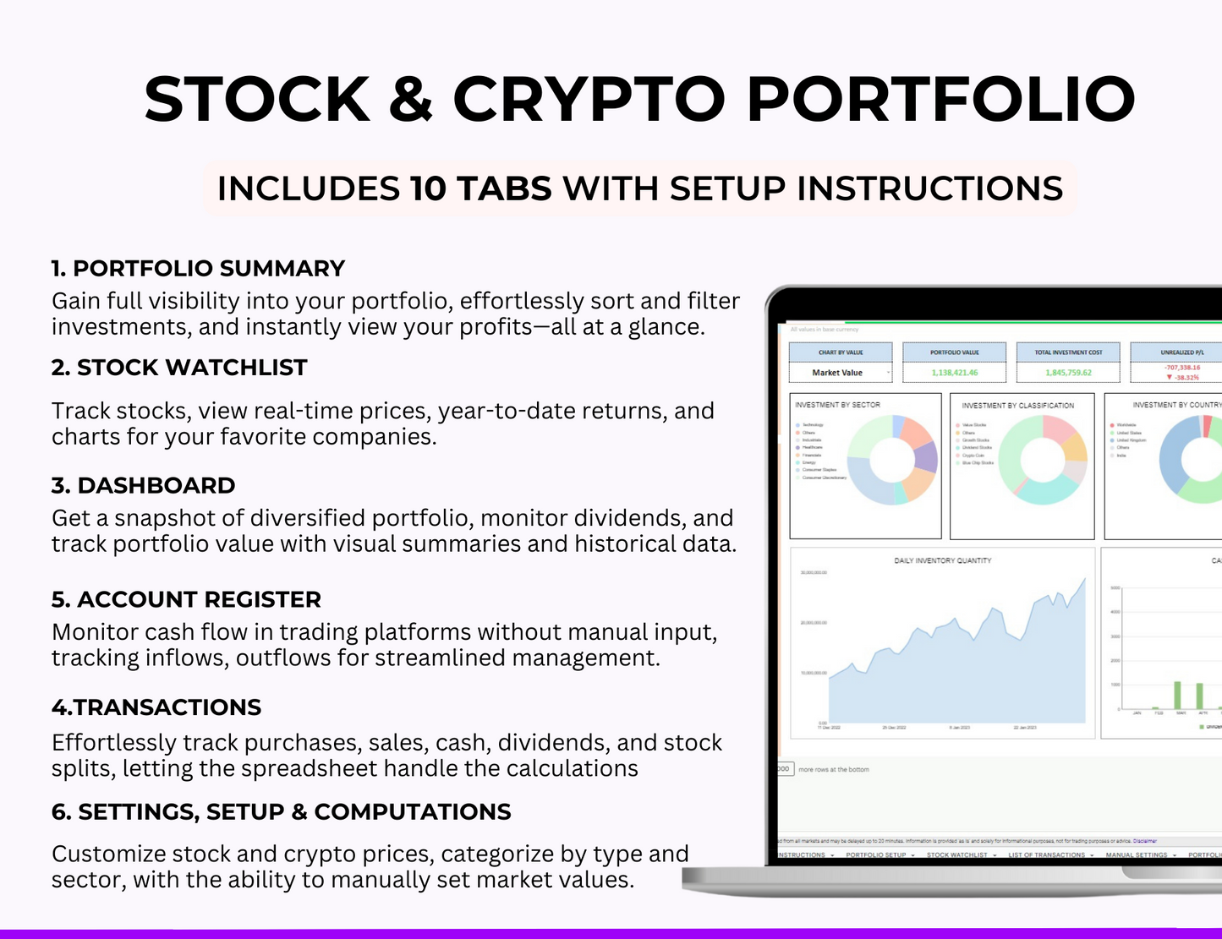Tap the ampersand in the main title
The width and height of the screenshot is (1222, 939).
pos(411,100)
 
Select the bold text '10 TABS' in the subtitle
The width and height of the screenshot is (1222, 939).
pos(480,188)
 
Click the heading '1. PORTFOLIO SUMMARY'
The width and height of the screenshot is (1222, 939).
pos(198,269)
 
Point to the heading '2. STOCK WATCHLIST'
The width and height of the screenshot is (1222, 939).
pos(179,368)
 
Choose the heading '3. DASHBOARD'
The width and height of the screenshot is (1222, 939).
pos(143,486)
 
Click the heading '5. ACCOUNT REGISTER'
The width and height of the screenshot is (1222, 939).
pos(186,600)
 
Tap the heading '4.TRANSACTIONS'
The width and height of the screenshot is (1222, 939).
pos(156,707)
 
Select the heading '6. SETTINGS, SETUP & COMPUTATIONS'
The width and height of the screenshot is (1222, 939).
pos(281,812)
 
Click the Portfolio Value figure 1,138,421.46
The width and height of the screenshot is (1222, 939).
pos(954,373)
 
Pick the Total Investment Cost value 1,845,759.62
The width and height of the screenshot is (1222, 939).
pos(1068,373)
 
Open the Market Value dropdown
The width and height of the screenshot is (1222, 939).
pos(887,373)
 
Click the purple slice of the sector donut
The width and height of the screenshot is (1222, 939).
pos(927,457)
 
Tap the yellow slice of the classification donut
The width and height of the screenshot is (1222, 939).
pos(1075,447)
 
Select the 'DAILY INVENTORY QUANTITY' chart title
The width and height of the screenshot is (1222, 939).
pos(942,560)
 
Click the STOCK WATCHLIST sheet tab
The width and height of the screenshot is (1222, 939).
pos(957,855)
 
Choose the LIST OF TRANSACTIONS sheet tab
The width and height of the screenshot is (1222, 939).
pos(1046,855)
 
